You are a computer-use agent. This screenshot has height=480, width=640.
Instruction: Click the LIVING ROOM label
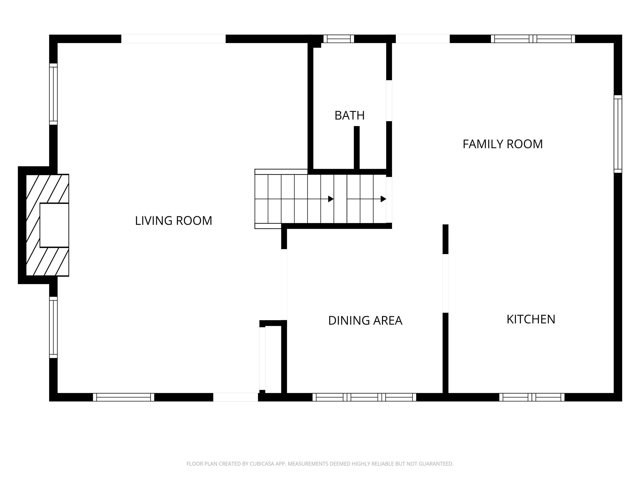point(174,221)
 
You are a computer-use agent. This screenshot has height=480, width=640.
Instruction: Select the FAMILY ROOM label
point(502,144)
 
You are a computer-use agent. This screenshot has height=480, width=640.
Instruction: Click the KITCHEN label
point(531,319)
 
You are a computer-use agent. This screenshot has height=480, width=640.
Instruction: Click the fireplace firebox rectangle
point(54,225)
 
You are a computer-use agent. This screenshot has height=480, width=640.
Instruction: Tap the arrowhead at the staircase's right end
point(383,199)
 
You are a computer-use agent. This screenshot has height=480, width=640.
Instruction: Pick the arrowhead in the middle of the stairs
point(331,199)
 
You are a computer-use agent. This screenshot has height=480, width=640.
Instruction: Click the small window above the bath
point(339,39)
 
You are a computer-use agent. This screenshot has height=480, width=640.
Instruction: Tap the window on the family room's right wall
point(618,134)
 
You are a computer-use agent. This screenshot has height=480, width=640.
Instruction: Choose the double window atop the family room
point(533,39)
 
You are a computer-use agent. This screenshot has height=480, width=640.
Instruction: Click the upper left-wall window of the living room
point(53,94)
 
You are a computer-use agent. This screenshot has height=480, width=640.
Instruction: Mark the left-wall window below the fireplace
point(53,327)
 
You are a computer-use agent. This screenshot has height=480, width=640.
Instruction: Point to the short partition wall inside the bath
point(356,147)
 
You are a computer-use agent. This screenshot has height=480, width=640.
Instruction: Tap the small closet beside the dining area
point(273,359)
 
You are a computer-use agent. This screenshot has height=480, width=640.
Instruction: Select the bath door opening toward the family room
point(389,100)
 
